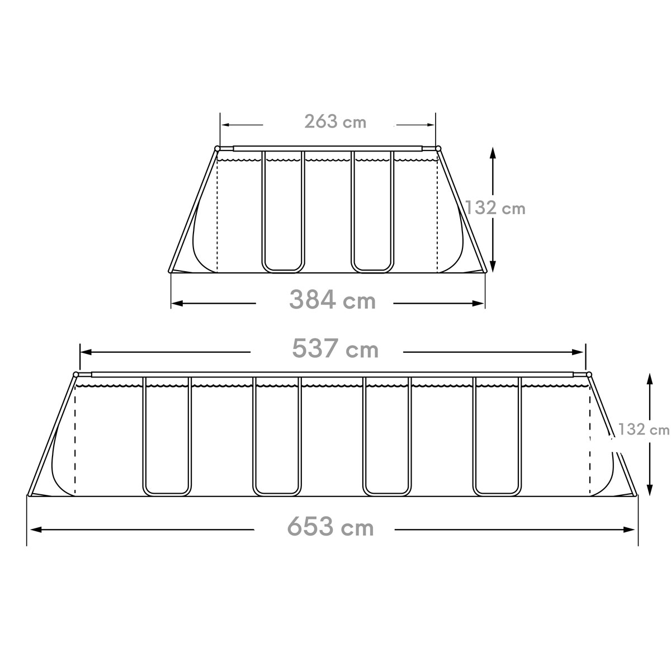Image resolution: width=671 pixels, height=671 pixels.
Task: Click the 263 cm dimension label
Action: [x=335, y=121]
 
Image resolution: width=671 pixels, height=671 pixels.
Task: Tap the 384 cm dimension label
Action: [x=333, y=300]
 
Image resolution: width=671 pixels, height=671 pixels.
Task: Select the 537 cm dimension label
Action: [x=335, y=348]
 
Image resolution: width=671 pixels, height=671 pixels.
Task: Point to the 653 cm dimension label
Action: [x=330, y=527]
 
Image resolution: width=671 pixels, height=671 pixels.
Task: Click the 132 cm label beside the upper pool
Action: [x=495, y=208]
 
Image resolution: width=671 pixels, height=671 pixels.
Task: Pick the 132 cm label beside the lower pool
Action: [x=644, y=429]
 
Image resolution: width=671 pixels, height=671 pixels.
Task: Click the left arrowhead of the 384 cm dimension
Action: [x=177, y=304]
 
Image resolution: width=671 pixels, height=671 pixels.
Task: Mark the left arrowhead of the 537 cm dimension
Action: [x=86, y=352]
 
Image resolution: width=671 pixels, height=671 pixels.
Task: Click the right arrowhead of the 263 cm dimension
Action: [x=431, y=125]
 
